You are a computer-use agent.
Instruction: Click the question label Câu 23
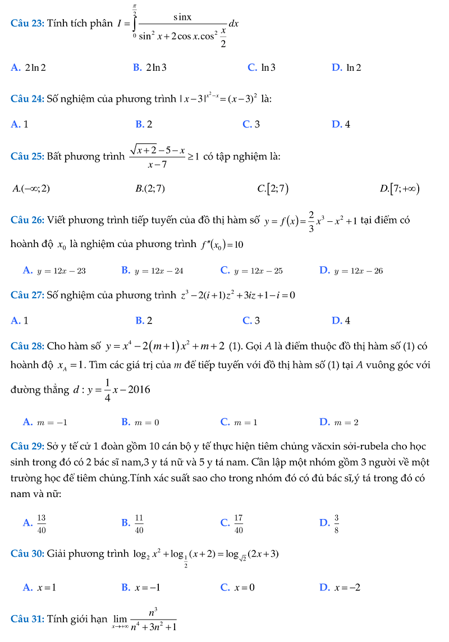point(28,24)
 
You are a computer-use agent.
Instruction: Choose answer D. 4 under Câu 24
point(341,124)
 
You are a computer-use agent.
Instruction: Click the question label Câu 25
point(28,156)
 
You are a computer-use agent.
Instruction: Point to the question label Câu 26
point(28,220)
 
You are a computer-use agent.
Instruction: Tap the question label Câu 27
point(28,295)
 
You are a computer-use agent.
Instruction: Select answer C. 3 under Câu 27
point(251,321)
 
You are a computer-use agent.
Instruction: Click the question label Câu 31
point(28,618)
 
